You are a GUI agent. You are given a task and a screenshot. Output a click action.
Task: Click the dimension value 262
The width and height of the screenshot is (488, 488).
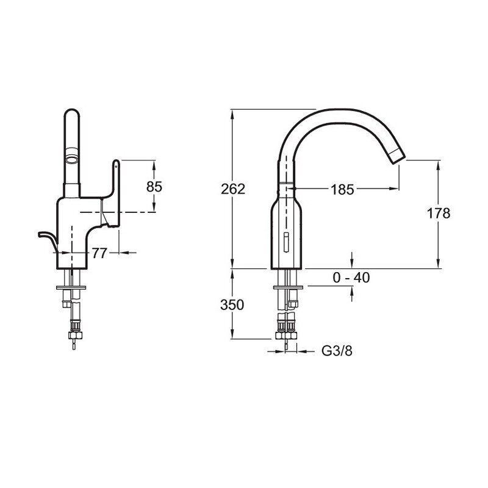click(x=233, y=189)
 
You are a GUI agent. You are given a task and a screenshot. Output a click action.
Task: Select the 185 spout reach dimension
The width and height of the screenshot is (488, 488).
click(x=342, y=189)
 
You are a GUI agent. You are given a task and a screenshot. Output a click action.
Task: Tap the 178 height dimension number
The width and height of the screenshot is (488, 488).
click(x=438, y=213)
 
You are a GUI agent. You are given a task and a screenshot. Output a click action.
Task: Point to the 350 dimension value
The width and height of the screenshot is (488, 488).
click(x=232, y=305)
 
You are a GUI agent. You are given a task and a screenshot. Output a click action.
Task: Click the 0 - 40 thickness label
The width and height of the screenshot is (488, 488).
click(x=351, y=278)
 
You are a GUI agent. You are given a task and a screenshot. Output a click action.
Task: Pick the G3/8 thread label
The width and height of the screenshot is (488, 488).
click(x=337, y=351)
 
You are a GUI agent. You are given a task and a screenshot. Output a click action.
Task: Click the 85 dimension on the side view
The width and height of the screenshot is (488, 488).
click(x=154, y=187)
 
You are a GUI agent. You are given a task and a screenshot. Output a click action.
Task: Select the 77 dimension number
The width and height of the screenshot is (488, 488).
click(x=99, y=253)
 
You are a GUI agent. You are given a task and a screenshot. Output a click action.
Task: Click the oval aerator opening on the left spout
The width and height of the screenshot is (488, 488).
click(x=72, y=160)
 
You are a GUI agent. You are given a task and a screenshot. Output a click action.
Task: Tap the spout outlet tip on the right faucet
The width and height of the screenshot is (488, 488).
click(x=397, y=156)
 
